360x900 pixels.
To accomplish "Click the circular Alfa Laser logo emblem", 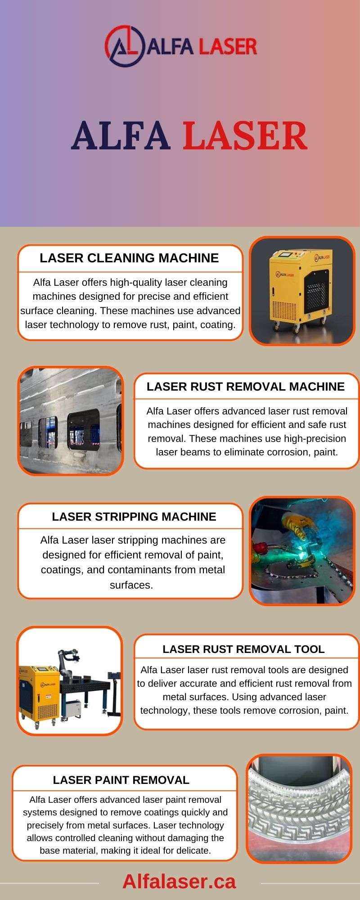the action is click(124, 46).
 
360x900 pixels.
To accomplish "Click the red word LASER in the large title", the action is click(245, 136).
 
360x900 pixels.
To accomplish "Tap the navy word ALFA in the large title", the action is click(121, 136).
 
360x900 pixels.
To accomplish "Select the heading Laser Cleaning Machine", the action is click(129, 258).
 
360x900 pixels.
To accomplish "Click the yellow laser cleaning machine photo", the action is click(302, 291).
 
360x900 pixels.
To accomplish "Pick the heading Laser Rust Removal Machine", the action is click(246, 387).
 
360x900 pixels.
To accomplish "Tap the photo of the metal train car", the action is click(70, 421).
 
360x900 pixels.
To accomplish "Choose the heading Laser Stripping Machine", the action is click(134, 517).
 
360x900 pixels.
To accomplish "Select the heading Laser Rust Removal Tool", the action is click(243, 649).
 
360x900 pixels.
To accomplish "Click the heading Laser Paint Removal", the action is click(121, 780).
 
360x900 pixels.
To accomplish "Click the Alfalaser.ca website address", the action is click(179, 881).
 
